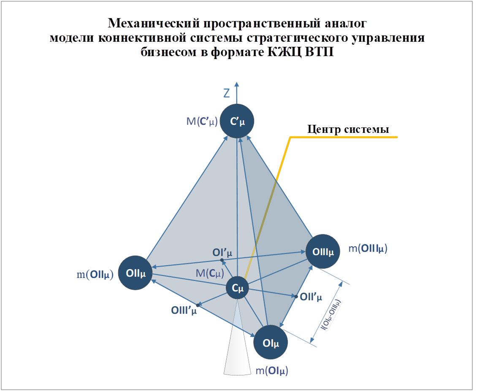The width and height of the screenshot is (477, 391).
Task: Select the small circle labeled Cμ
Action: pyautogui.click(x=237, y=288)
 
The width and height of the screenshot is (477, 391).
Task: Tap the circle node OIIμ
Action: pyautogui.click(x=135, y=273)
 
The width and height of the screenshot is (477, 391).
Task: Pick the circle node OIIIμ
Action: pyautogui.click(x=323, y=252)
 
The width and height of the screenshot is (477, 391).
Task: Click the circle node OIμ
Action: pyautogui.click(x=271, y=342)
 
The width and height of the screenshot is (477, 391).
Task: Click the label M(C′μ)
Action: pyautogui.click(x=202, y=122)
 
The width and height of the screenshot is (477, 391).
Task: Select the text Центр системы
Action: pyautogui.click(x=348, y=129)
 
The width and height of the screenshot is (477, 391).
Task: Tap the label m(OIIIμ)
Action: pyautogui.click(x=368, y=249)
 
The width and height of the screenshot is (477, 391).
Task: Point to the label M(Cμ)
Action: pyautogui.click(x=209, y=273)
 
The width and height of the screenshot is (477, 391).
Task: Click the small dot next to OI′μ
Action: pyautogui.click(x=222, y=260)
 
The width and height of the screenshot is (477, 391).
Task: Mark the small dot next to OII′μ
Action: pyautogui.click(x=296, y=297)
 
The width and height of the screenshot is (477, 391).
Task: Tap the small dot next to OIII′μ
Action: pyautogui.click(x=198, y=305)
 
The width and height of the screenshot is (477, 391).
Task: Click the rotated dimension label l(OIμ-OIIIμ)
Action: pyautogui.click(x=331, y=315)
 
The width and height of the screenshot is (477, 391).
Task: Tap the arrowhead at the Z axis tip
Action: pyautogui.click(x=237, y=84)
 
